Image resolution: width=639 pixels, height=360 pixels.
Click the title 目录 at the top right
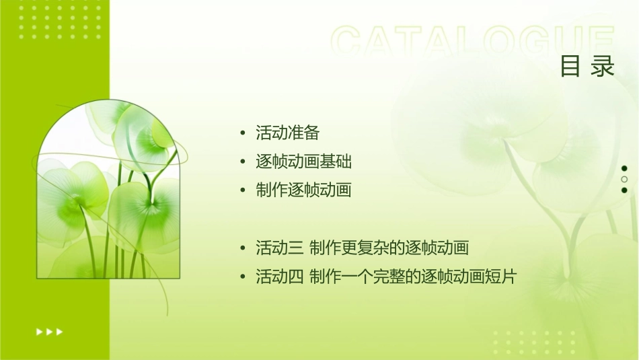pyautogui.click(x=587, y=67)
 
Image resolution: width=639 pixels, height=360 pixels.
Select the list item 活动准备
pyautogui.click(x=287, y=133)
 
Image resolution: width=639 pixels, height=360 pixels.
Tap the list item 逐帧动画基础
pyautogui.click(x=303, y=161)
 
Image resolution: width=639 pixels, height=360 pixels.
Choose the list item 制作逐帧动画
pyautogui.click(x=303, y=190)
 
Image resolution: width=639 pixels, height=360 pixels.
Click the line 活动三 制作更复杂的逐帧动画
pyautogui.click(x=362, y=248)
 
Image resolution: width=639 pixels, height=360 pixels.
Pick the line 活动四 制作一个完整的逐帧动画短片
pyautogui.click(x=385, y=277)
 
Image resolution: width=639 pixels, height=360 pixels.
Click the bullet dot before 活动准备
pyautogui.click(x=243, y=133)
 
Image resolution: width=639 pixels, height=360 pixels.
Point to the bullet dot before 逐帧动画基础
pyautogui.click(x=243, y=162)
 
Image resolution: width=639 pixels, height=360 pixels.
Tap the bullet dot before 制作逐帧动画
pyautogui.click(x=243, y=191)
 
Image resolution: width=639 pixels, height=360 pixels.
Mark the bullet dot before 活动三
pyautogui.click(x=243, y=248)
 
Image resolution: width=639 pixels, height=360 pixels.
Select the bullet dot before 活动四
pyautogui.click(x=243, y=277)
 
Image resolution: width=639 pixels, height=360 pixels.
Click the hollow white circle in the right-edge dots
pyautogui.click(x=624, y=179)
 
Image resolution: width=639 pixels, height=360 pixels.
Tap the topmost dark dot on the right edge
pyautogui.click(x=624, y=168)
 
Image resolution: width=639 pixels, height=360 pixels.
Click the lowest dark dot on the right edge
pyautogui.click(x=624, y=190)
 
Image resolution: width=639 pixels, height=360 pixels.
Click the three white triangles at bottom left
pyautogui.click(x=49, y=331)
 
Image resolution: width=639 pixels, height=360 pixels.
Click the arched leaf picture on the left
pyautogui.click(x=108, y=192)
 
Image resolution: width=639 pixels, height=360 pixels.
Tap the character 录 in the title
pyautogui.click(x=603, y=67)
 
